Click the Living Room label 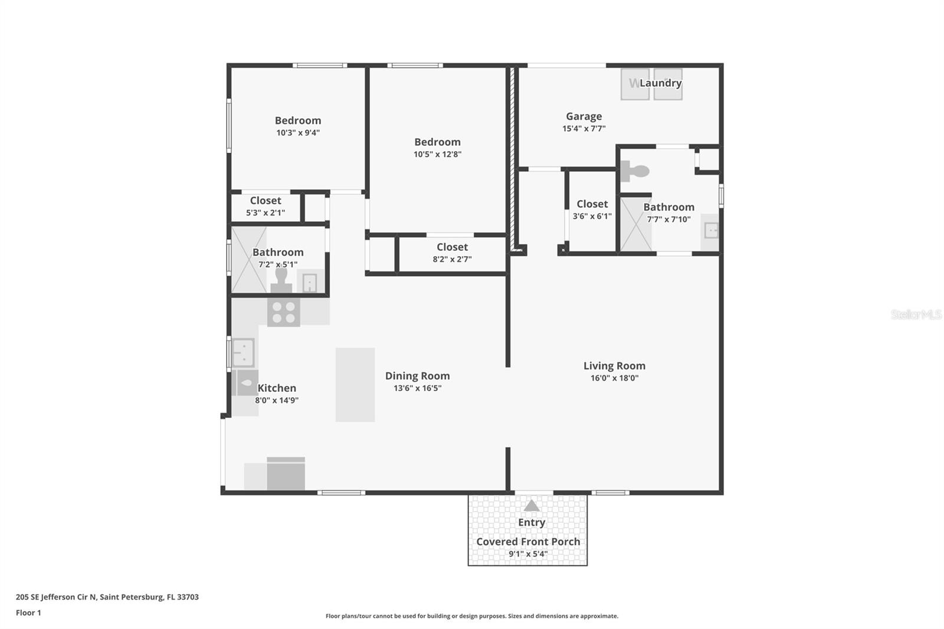(x=614, y=366)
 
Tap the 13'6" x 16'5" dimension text (x=417, y=388)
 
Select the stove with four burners (x=283, y=312)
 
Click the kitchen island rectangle (x=355, y=385)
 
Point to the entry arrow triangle (x=532, y=506)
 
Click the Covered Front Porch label (x=528, y=542)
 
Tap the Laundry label (x=660, y=83)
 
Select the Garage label (x=584, y=117)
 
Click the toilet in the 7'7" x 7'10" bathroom (x=635, y=172)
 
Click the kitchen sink (x=243, y=352)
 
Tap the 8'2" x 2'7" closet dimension (x=452, y=260)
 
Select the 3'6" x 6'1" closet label (x=592, y=204)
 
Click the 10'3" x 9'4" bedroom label (x=298, y=121)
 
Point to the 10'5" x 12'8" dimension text (x=437, y=155)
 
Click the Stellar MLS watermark (x=916, y=314)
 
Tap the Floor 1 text (x=28, y=612)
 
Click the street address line (x=107, y=597)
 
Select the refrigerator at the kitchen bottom (x=286, y=474)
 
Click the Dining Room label (x=417, y=376)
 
